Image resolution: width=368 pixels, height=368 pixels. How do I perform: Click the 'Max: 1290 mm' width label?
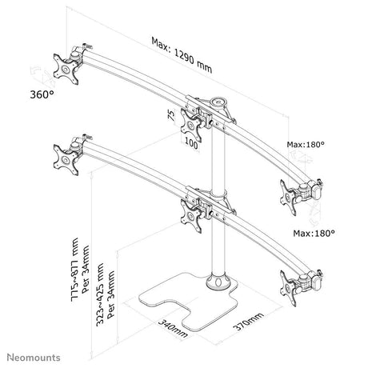182,55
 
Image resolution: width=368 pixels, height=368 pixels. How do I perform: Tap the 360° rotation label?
42,94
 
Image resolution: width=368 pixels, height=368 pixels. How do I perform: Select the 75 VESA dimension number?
171,115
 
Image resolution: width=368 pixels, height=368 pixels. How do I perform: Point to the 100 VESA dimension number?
191,143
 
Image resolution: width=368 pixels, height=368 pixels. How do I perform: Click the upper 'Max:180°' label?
306,145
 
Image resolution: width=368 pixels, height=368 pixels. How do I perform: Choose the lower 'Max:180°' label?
314,234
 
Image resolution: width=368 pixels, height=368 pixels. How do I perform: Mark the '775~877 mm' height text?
75,270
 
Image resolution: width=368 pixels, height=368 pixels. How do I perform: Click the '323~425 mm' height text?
100,294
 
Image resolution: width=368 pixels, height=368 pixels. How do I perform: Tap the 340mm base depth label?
173,328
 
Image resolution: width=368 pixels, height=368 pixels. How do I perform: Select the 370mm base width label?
249,321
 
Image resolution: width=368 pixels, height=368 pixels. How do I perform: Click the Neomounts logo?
34,358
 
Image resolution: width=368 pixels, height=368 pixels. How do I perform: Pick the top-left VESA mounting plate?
66,70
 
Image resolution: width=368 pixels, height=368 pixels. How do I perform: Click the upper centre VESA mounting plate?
191,125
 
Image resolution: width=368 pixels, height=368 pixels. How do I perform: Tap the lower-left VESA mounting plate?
66,160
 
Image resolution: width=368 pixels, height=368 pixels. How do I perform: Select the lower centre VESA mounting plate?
191,216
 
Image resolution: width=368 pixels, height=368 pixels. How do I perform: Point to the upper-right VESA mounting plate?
288,198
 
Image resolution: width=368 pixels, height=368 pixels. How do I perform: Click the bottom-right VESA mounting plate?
288,288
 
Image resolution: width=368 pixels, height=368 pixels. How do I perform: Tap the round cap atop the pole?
218,102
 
